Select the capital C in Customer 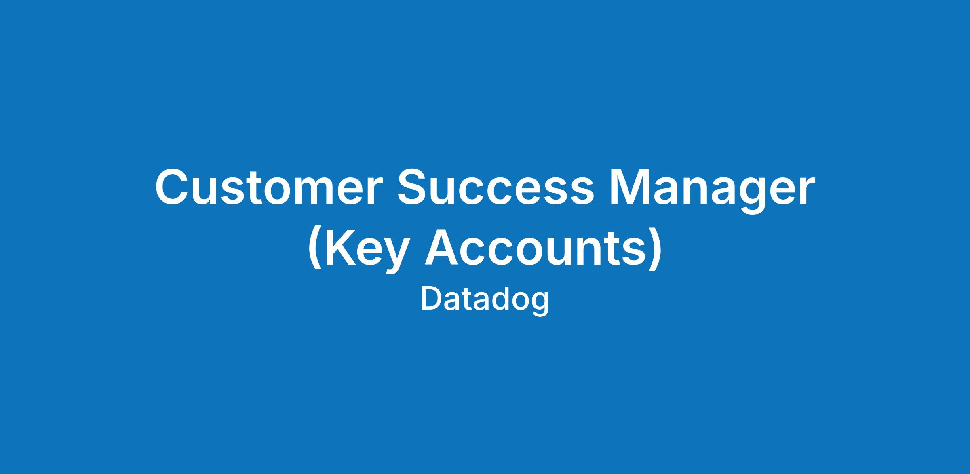click(173, 187)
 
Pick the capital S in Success click(415, 187)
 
